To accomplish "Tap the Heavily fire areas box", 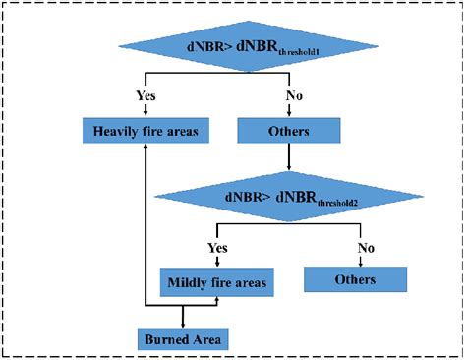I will (x=146, y=131).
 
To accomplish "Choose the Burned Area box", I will (x=183, y=339).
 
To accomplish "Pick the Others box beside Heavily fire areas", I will (x=290, y=131).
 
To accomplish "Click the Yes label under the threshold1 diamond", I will (x=146, y=96).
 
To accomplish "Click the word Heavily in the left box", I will (x=117, y=131).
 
